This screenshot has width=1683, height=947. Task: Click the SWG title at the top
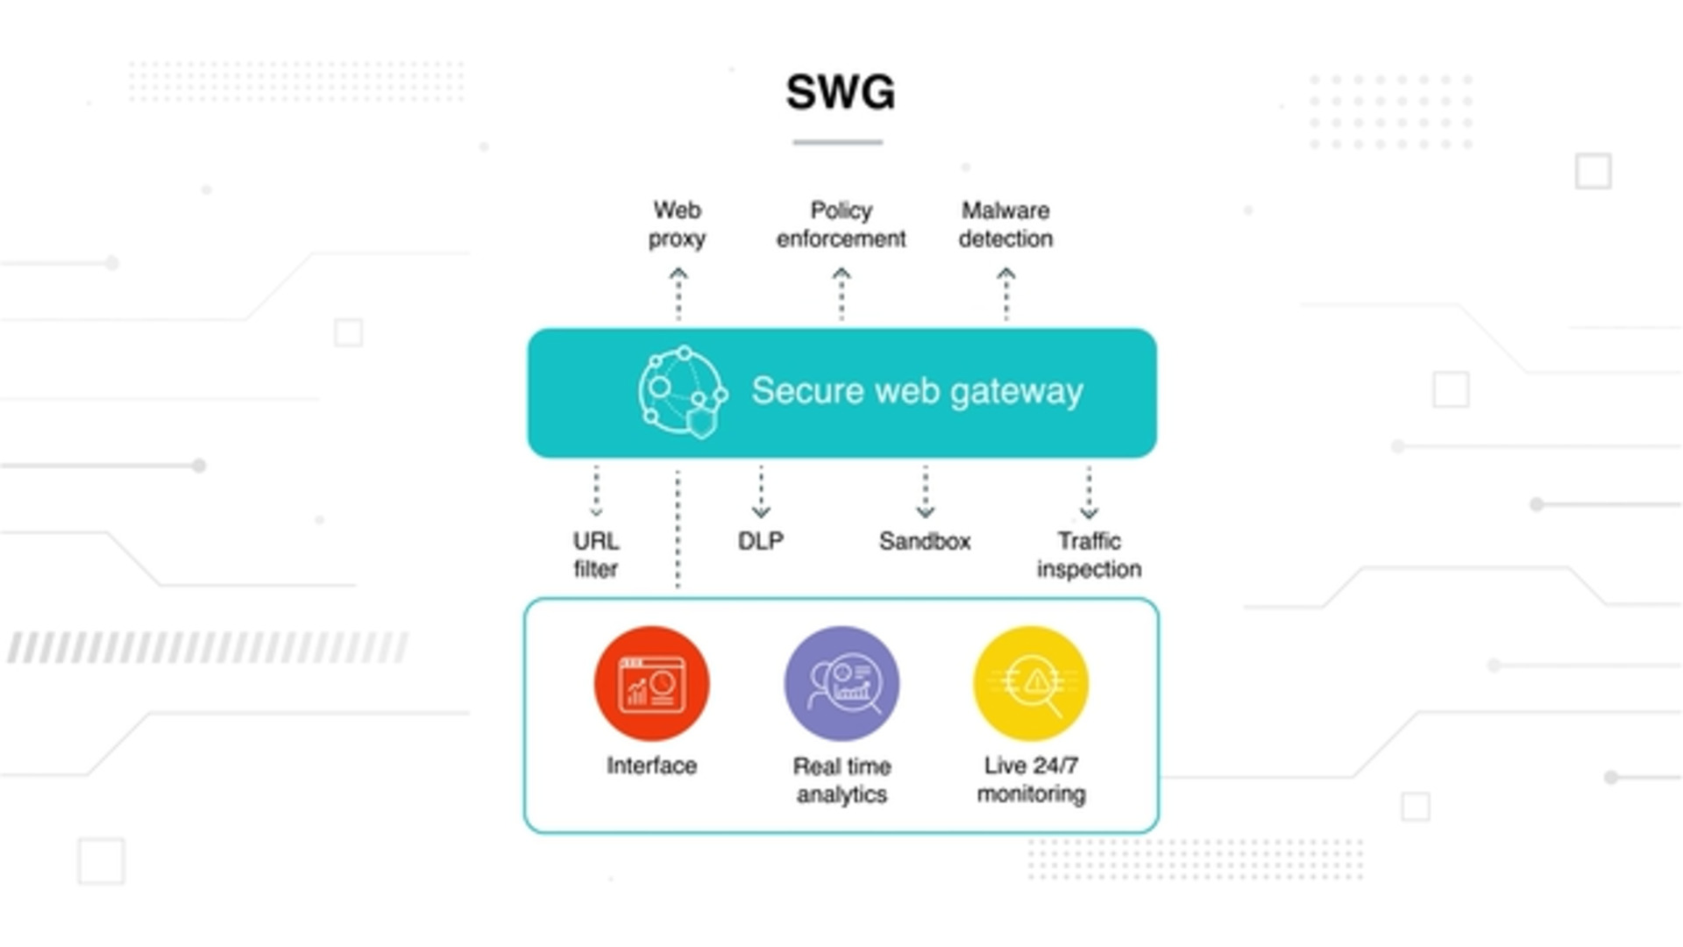click(x=840, y=92)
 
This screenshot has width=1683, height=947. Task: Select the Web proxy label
click(x=677, y=224)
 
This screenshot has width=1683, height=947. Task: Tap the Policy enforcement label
click(x=841, y=224)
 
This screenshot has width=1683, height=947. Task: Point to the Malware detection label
click(x=1005, y=224)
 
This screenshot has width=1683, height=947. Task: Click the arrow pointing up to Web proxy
click(x=678, y=294)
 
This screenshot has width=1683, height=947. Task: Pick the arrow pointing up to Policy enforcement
click(x=841, y=294)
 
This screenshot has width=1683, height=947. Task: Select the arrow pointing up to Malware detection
click(x=1006, y=294)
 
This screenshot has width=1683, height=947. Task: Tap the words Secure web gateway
click(x=917, y=391)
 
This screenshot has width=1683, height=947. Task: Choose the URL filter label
click(x=596, y=554)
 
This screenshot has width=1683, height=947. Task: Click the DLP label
click(x=761, y=541)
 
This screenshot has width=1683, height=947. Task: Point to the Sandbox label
click(x=925, y=541)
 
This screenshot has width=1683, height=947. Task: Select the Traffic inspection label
click(x=1089, y=555)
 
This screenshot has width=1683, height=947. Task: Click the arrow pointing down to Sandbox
click(x=926, y=492)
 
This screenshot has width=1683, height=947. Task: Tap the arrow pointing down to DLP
click(x=761, y=492)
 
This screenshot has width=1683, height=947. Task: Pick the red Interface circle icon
click(x=651, y=683)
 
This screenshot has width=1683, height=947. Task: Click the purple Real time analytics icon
click(x=841, y=683)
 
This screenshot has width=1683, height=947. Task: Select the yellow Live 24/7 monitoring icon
click(x=1032, y=683)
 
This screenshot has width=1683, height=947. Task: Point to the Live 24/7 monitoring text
click(x=1032, y=780)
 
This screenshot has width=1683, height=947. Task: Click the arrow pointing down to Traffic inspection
click(x=1089, y=492)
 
